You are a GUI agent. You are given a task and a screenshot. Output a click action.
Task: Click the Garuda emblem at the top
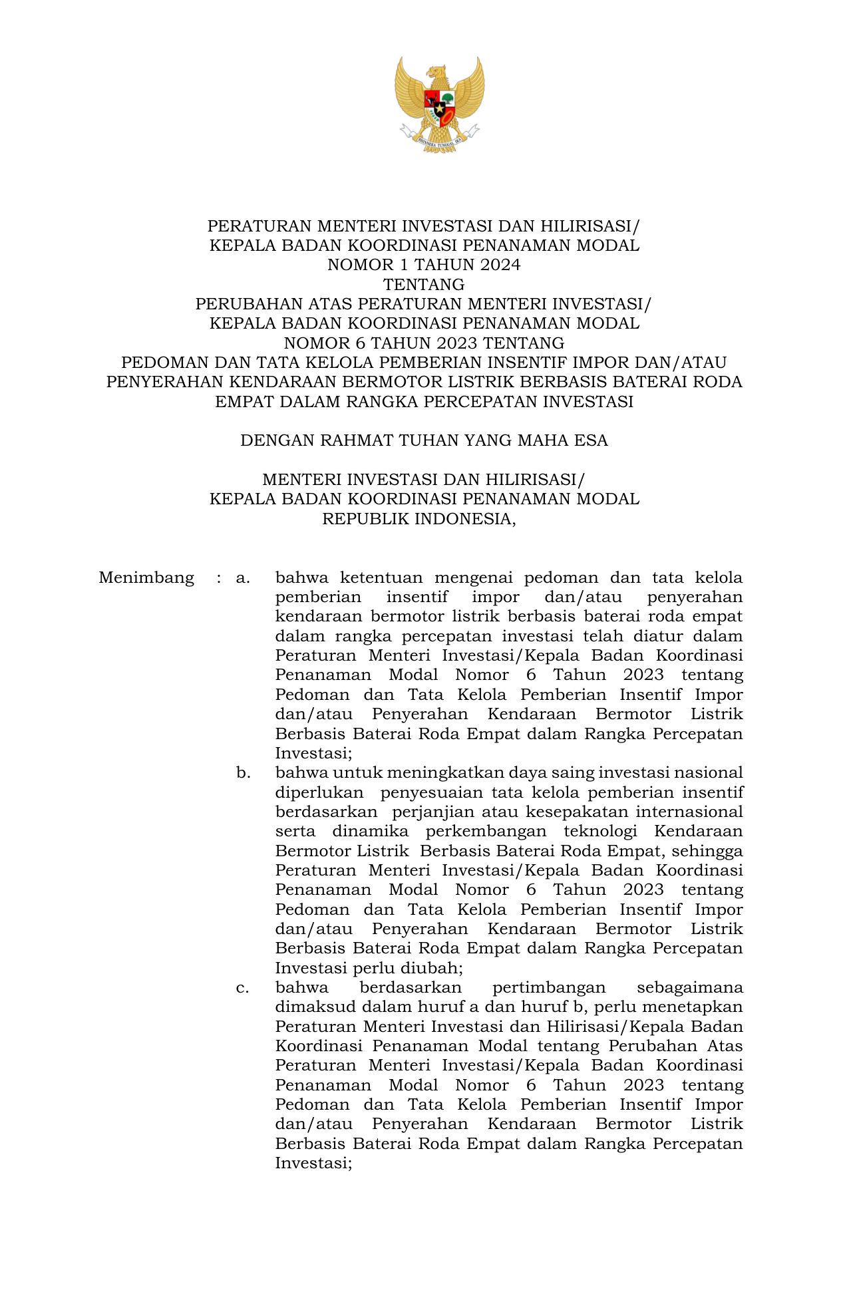pyautogui.click(x=439, y=104)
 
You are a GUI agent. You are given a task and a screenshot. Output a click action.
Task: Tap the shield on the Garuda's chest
pyautogui.click(x=439, y=106)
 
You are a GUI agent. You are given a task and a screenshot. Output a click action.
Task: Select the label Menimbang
pyautogui.click(x=146, y=577)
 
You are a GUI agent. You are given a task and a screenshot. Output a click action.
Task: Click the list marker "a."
pyautogui.click(x=243, y=577)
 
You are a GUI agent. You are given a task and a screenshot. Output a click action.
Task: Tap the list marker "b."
pyautogui.click(x=243, y=773)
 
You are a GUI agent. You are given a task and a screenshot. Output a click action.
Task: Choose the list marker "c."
pyautogui.click(x=242, y=988)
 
